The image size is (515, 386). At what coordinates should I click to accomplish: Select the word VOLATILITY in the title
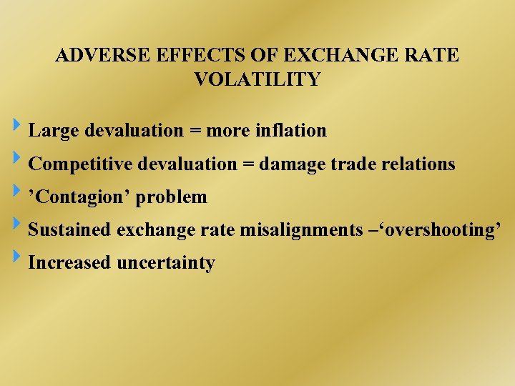point(257,79)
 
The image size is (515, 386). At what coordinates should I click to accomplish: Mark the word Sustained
point(69,230)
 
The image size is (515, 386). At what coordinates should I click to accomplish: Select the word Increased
point(69,263)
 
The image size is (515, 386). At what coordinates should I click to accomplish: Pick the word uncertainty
point(165,263)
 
